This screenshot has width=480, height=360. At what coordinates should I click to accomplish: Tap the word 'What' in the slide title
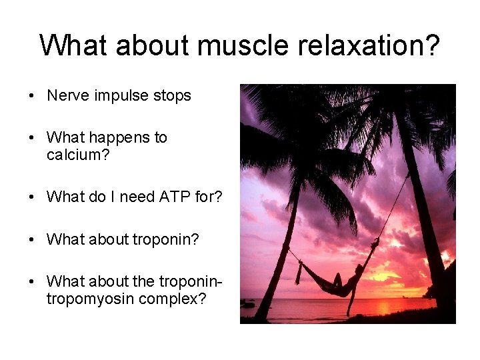(73, 45)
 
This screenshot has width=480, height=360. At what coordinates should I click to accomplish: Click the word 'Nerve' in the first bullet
(66, 95)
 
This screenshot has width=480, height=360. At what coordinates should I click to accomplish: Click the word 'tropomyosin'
(91, 299)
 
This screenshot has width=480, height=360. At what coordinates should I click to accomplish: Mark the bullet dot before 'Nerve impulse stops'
(32, 96)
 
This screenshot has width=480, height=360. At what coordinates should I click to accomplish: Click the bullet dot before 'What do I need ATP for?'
(32, 197)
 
